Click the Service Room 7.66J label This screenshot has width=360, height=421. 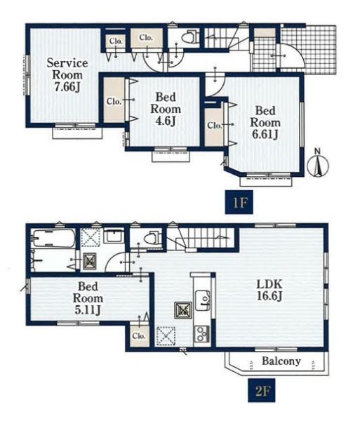pyautogui.click(x=67, y=75)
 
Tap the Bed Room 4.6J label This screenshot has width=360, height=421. pyautogui.click(x=166, y=109)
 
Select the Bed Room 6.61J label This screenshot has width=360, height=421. pyautogui.click(x=265, y=123)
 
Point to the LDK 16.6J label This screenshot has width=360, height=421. pyautogui.click(x=269, y=290)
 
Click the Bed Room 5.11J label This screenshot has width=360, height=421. pyautogui.click(x=88, y=298)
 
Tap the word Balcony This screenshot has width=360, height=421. pyautogui.click(x=281, y=361)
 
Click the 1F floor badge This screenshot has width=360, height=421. pyautogui.click(x=239, y=202)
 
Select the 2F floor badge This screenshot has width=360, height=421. pyautogui.click(x=262, y=390)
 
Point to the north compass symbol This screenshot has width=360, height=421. pyautogui.click(x=318, y=163)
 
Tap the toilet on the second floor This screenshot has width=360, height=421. pyautogui.click(x=153, y=238)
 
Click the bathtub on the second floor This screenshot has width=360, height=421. pyautogui.click(x=53, y=239)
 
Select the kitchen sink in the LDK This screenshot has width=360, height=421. pyautogui.click(x=203, y=300)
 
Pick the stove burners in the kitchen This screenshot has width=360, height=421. pyautogui.click(x=202, y=334)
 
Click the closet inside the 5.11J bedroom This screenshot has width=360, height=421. pyautogui.click(x=139, y=335)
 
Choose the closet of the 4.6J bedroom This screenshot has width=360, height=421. pyautogui.click(x=114, y=100)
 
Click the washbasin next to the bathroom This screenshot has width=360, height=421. pyautogui.click(x=113, y=236)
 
